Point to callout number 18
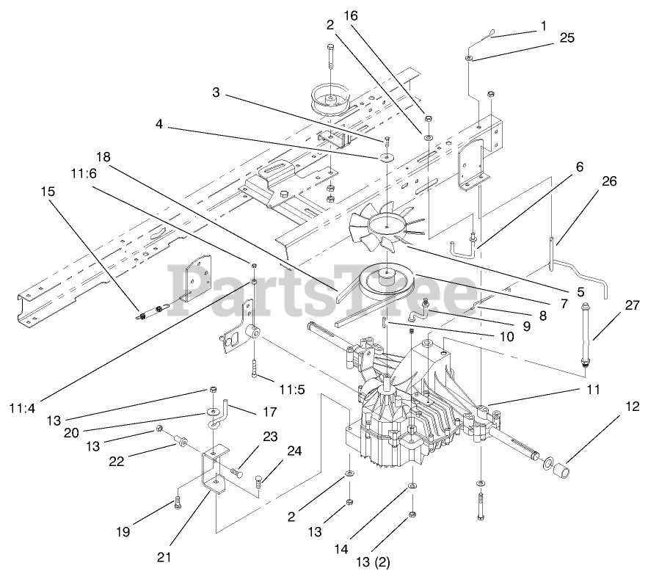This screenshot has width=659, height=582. tap(103, 157)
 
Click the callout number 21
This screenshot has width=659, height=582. tap(164, 557)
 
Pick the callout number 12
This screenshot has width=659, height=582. tap(633, 406)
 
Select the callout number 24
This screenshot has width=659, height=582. tap(293, 452)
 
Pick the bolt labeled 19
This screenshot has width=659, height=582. tap(177, 502)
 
